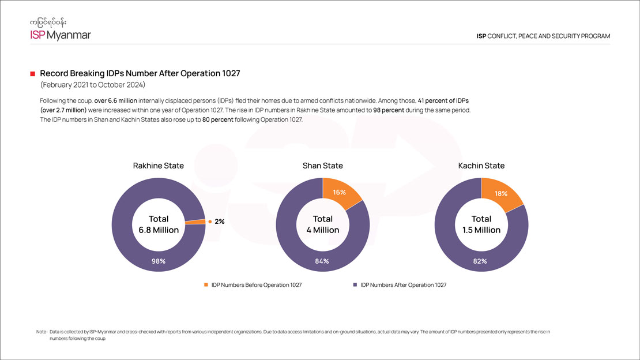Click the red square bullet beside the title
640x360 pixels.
click(33, 74)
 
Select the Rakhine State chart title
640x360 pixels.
click(159, 166)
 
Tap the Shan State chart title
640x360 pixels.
click(323, 166)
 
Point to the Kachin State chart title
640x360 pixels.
click(481, 166)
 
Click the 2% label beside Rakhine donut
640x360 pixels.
click(220, 222)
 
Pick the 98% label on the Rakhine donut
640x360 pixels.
click(159, 261)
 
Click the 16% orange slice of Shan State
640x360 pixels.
click(340, 193)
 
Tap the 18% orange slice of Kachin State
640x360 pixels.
click(499, 194)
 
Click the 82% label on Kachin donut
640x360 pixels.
click(480, 261)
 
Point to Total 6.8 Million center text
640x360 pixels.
click(159, 224)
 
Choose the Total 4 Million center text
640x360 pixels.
click(323, 224)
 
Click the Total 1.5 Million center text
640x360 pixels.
click(481, 224)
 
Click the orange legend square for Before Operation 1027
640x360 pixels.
click(206, 285)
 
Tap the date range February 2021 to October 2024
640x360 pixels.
click(96, 85)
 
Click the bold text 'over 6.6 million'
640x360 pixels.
click(115, 100)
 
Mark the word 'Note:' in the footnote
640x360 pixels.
click(42, 332)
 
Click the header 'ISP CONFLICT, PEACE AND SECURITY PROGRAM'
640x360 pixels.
click(543, 36)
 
